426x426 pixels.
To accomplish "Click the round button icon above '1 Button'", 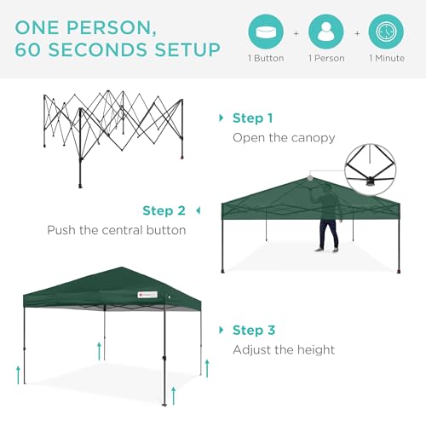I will pos(266,32).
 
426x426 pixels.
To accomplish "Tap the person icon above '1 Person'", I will pos(325,32).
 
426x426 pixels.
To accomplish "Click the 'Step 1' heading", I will pos(254,118).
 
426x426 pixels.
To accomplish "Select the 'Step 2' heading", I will pos(164,210).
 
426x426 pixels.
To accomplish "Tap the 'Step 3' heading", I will pos(254,330).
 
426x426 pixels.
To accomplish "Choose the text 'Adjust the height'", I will pos(284,349).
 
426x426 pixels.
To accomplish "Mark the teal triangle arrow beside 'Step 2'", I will pos(198,210).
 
